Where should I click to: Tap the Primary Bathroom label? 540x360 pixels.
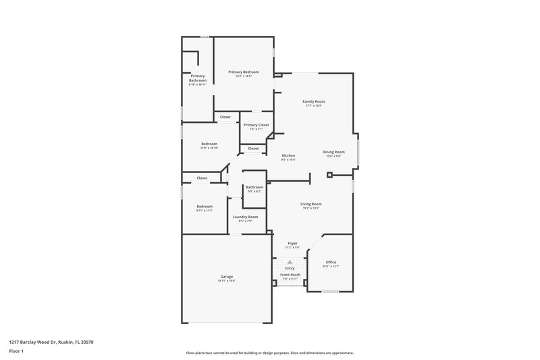click(196, 78)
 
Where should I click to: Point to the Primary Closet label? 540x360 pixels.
click(256, 125)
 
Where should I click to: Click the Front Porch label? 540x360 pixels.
click(290, 276)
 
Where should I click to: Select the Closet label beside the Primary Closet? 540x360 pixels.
click(225, 117)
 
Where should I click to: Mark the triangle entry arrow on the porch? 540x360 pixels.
click(290, 262)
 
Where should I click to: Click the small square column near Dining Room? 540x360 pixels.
click(329, 175)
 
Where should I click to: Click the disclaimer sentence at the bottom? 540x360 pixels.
click(269, 353)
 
